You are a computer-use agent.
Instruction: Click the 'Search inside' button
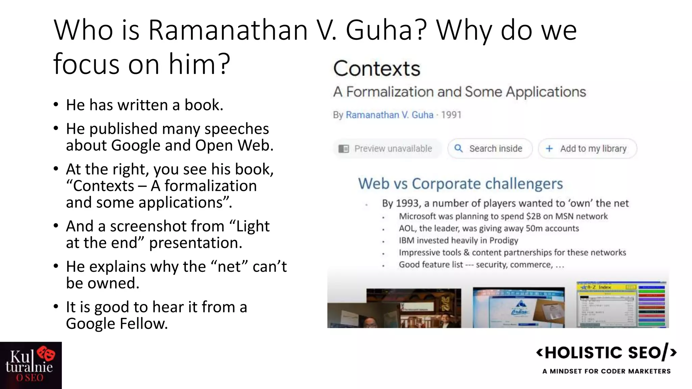point(490,149)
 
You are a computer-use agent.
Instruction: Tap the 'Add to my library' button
point(588,149)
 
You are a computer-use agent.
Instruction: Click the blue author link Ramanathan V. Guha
point(389,115)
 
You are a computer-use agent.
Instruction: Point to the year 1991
point(451,115)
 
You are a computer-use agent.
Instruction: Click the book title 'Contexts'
point(377,69)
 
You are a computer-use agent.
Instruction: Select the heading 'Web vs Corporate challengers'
point(460,184)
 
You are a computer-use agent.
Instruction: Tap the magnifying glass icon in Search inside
point(459,148)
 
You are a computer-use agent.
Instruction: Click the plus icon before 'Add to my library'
point(549,149)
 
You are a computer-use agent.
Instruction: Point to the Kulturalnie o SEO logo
point(30,365)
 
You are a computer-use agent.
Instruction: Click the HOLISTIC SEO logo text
point(606,353)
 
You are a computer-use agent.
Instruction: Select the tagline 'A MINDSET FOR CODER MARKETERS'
point(606,371)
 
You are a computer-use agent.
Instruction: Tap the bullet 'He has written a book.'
point(145,105)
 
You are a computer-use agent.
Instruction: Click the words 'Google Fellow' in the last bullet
point(117,324)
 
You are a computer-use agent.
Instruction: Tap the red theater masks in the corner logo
point(46,354)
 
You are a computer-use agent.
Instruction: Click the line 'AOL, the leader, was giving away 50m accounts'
point(489,229)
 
